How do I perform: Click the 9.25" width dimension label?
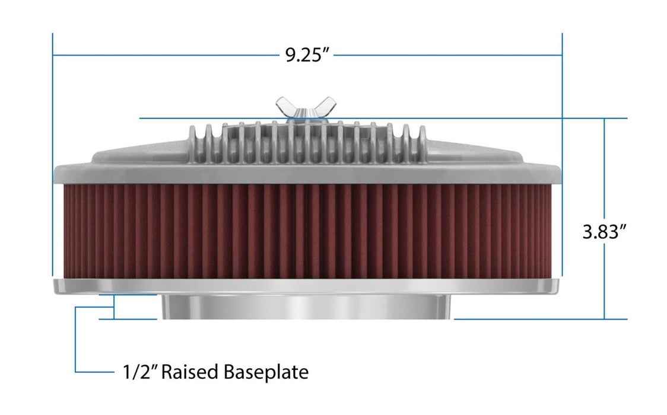pos(307,55)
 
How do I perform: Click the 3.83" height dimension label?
pos(604,231)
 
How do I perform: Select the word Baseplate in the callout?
pos(266,372)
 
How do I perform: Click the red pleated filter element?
pos(307,231)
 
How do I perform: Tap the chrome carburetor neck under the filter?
pos(307,307)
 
